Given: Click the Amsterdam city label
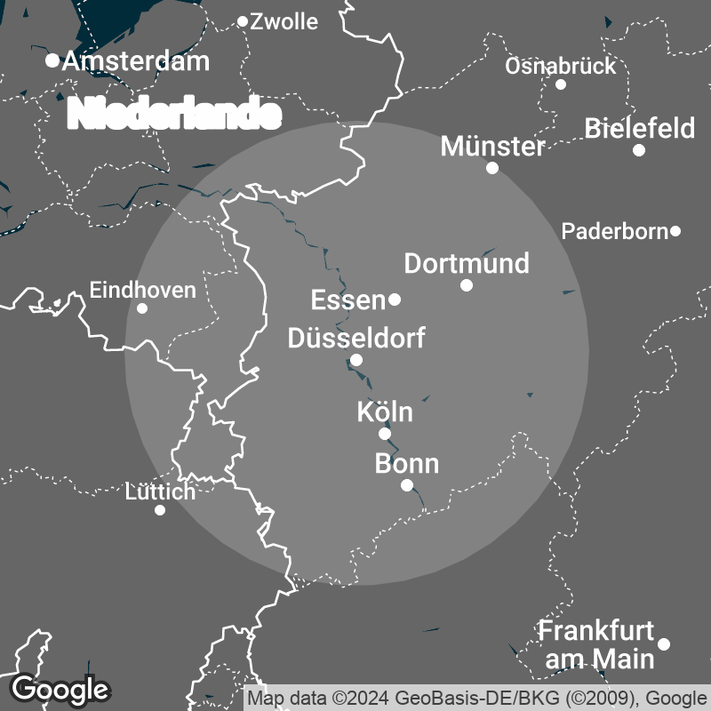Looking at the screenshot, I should (x=136, y=61).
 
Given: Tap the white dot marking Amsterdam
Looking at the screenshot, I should (x=52, y=60).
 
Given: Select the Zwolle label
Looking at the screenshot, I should (x=284, y=22).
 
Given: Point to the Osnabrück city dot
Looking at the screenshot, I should (x=561, y=84).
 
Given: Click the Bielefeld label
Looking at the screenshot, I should (x=640, y=129).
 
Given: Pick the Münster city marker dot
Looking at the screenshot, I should (x=492, y=167).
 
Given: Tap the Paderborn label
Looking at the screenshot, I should (x=614, y=232).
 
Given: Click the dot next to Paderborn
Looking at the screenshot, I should (x=675, y=231).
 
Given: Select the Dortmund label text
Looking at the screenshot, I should (x=467, y=263).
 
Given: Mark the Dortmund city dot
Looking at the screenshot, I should (x=467, y=285).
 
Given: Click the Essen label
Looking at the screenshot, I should (x=348, y=300).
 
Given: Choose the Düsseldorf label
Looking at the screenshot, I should (x=356, y=338).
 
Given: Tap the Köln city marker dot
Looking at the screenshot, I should (x=385, y=434).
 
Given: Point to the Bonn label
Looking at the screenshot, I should (x=407, y=464).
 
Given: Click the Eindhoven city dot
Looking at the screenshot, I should (x=142, y=308).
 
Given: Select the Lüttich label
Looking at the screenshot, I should (x=161, y=491).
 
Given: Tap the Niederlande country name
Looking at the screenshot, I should (x=175, y=114).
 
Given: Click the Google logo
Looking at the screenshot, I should (x=60, y=689).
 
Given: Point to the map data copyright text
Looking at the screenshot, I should (x=476, y=698).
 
